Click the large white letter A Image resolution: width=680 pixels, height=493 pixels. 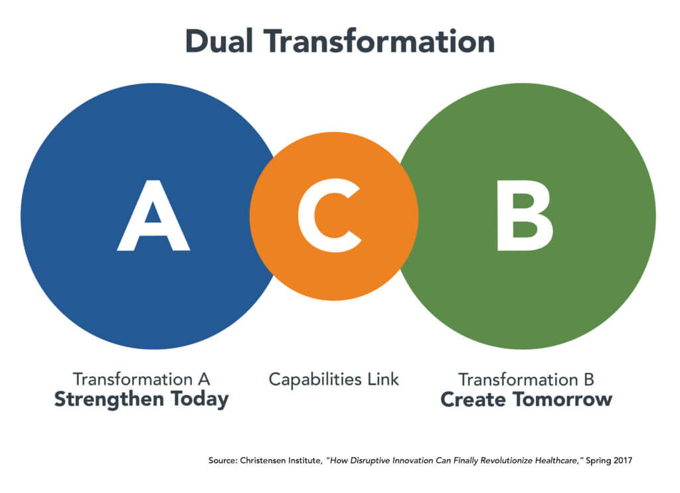click(153, 216)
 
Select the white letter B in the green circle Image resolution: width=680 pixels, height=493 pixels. click(524, 216)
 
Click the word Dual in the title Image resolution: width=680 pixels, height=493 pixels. click(217, 41)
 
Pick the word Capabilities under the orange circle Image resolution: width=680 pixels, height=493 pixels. click(311, 379)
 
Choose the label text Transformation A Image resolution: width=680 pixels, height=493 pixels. click(141, 380)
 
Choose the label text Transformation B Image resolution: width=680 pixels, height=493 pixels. click(526, 380)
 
